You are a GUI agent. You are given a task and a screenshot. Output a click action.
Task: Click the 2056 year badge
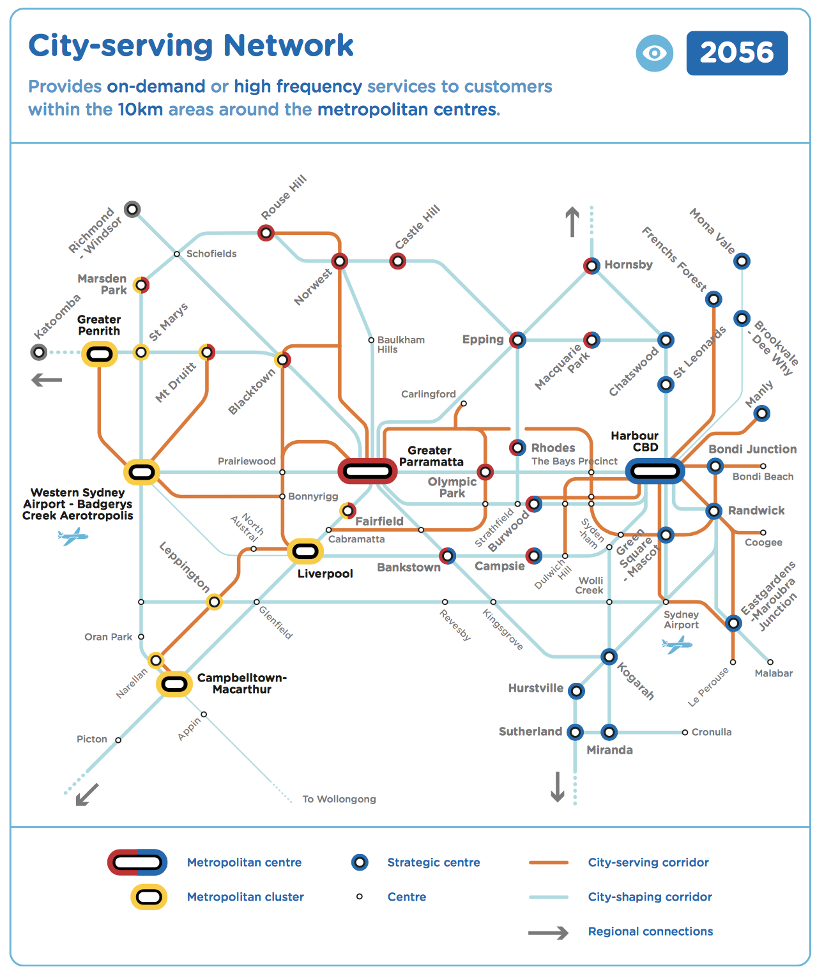[736, 53]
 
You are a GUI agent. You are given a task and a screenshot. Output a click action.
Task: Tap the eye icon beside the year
[654, 53]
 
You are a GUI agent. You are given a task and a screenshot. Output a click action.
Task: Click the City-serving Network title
[190, 46]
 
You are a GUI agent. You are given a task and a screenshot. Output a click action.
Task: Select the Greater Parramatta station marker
[367, 471]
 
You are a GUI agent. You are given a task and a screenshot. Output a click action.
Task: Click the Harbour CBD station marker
[655, 471]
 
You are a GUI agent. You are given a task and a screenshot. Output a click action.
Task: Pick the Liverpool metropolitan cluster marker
[305, 551]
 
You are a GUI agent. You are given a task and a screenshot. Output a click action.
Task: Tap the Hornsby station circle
[591, 266]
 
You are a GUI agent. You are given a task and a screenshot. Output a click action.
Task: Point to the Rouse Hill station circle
[266, 233]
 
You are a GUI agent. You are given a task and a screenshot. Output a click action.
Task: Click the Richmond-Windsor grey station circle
[132, 209]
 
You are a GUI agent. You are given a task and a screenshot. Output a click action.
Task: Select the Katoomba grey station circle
[39, 352]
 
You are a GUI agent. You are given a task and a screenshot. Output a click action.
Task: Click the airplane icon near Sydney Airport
[676, 644]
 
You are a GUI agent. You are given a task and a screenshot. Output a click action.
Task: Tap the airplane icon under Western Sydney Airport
[73, 536]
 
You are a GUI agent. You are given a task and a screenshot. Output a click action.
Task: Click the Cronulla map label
[711, 732]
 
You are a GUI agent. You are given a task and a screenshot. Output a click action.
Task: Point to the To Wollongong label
[339, 799]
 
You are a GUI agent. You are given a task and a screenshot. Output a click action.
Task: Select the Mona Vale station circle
[741, 261]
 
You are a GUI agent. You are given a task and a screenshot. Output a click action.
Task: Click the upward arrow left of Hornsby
[572, 222]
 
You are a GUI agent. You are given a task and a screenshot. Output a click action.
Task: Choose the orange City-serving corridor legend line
[548, 862]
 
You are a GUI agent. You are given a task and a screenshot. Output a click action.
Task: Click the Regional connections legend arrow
[548, 933]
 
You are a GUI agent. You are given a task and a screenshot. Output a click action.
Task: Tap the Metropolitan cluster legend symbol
[149, 897]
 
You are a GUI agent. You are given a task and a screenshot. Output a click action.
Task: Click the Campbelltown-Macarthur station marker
[174, 684]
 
